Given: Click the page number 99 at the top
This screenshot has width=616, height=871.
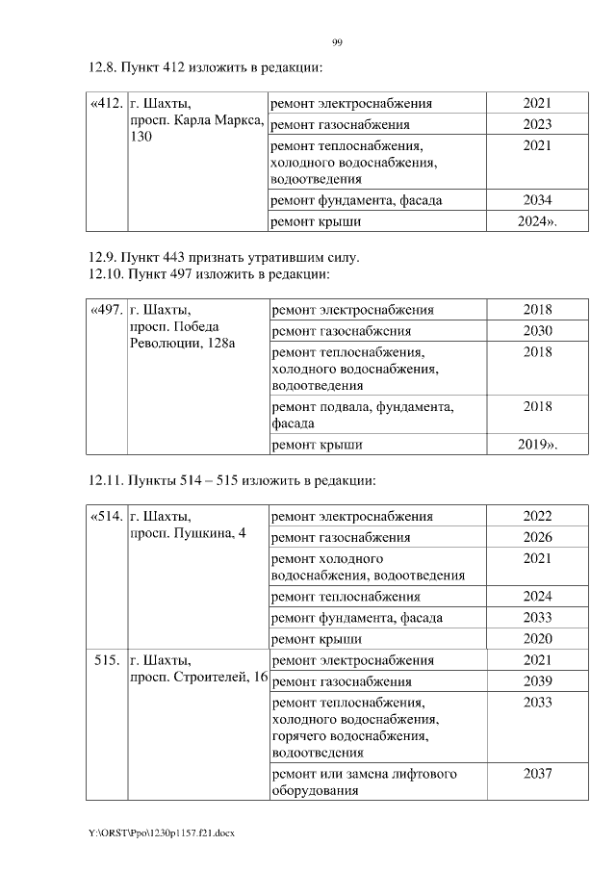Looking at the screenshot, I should tap(337, 42).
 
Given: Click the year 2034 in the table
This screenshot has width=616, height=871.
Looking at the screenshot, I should tap(537, 200).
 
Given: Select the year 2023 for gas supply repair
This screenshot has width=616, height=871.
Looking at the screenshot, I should tap(537, 124).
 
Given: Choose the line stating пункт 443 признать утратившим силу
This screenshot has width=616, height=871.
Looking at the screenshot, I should tap(223, 257).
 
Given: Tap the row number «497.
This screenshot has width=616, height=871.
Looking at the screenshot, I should tap(105, 310).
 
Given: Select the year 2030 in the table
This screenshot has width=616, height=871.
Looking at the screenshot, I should tap(537, 331).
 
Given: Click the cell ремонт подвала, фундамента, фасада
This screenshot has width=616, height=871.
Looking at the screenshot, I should tap(364, 415).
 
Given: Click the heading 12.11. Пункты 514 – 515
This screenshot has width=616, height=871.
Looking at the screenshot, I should tap(231, 480).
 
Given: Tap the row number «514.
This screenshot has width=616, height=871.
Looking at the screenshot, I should tap(105, 517).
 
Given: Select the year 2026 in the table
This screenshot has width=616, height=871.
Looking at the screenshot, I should tap(537, 537).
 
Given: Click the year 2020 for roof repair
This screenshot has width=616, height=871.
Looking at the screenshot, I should tap(537, 638).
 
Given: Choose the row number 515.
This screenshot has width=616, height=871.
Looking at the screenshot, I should tap(107, 660).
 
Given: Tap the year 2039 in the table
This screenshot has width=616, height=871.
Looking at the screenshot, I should tap(537, 681).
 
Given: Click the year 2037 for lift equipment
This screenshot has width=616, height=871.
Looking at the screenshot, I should tap(537, 774).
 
